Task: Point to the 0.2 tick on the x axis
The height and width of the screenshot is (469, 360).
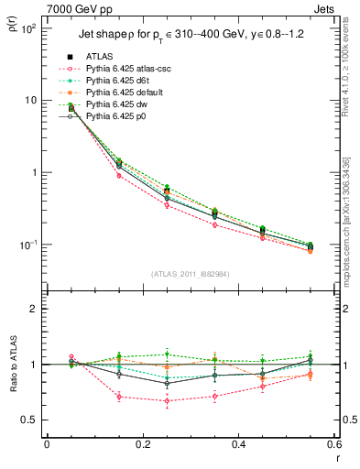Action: point(142,445)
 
